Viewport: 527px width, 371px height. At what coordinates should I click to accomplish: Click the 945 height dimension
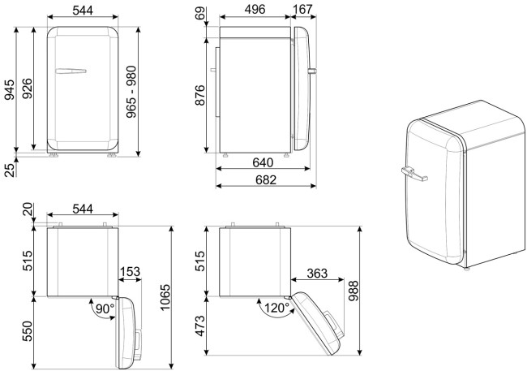coord(9,92)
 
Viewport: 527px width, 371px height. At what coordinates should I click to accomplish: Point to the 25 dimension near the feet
coord(9,168)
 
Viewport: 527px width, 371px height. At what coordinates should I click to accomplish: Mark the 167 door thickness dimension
coord(303,10)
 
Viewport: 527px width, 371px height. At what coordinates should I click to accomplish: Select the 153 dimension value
coord(130,272)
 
